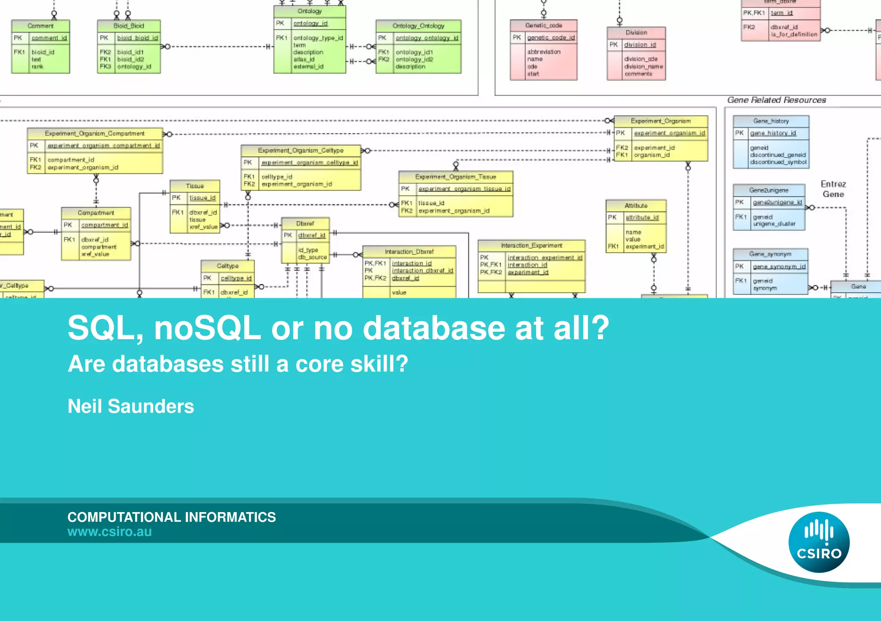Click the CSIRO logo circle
[819, 542]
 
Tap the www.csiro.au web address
[109, 532]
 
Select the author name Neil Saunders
[131, 406]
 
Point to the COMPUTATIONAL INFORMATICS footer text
[172, 517]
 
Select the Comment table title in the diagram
[40, 26]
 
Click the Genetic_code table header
[543, 25]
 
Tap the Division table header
[636, 32]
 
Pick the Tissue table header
[195, 186]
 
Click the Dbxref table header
[305, 223]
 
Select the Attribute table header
[636, 205]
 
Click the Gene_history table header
[771, 121]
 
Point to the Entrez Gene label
[833, 189]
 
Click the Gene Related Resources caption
[776, 100]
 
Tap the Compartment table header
[96, 213]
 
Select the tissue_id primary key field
[203, 198]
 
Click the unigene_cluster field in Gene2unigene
[774, 224]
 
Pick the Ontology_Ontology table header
[418, 26]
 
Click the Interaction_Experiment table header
[531, 245]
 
